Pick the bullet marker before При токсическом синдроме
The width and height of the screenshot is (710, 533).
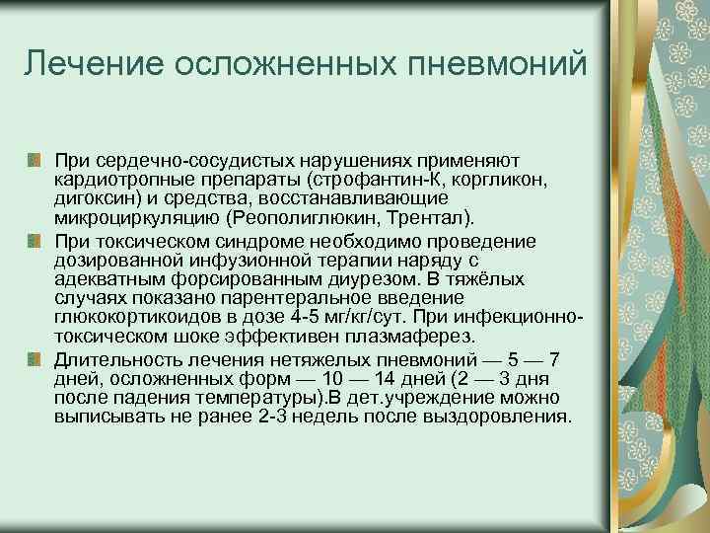pyautogui.click(x=35, y=240)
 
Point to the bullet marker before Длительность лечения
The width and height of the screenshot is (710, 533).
pyautogui.click(x=35, y=358)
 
